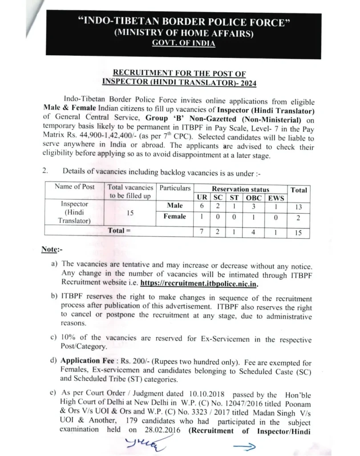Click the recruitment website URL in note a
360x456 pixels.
click(199, 284)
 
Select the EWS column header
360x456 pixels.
click(276, 198)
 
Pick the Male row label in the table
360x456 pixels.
click(175, 206)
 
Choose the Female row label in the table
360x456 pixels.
click(175, 216)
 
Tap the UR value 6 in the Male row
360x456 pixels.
click(202, 206)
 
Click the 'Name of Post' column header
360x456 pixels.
click(74, 187)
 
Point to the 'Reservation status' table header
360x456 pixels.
click(240, 189)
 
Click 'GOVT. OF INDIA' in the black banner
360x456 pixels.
click(183, 43)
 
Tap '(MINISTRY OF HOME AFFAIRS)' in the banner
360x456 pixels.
click(184, 33)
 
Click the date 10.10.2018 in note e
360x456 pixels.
click(206, 394)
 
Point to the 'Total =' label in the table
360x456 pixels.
click(119, 231)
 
